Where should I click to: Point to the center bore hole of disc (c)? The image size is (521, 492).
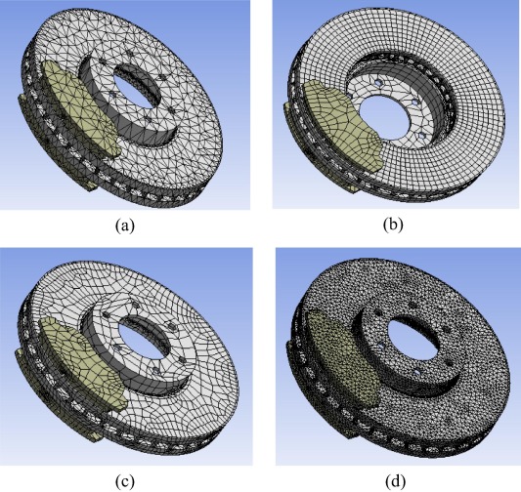click(x=152, y=332)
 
